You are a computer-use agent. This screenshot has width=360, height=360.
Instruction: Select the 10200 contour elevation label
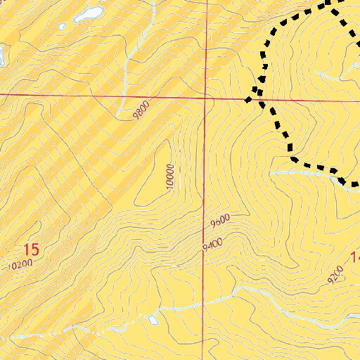coord(20,265)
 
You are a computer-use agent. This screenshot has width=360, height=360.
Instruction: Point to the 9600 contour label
coord(221,224)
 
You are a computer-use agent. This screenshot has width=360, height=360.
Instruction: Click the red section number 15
coord(31,249)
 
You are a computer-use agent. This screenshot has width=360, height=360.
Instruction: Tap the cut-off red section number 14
coord(354,257)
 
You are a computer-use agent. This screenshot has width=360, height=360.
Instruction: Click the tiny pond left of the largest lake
coord(62,27)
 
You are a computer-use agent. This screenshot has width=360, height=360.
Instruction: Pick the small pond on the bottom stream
coord(153,320)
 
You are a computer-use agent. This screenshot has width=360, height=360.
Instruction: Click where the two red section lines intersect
coord(205,96)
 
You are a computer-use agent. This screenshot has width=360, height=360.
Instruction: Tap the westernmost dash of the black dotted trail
coord(247,100)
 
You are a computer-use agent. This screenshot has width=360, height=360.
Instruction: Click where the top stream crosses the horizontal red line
coord(124,94)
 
